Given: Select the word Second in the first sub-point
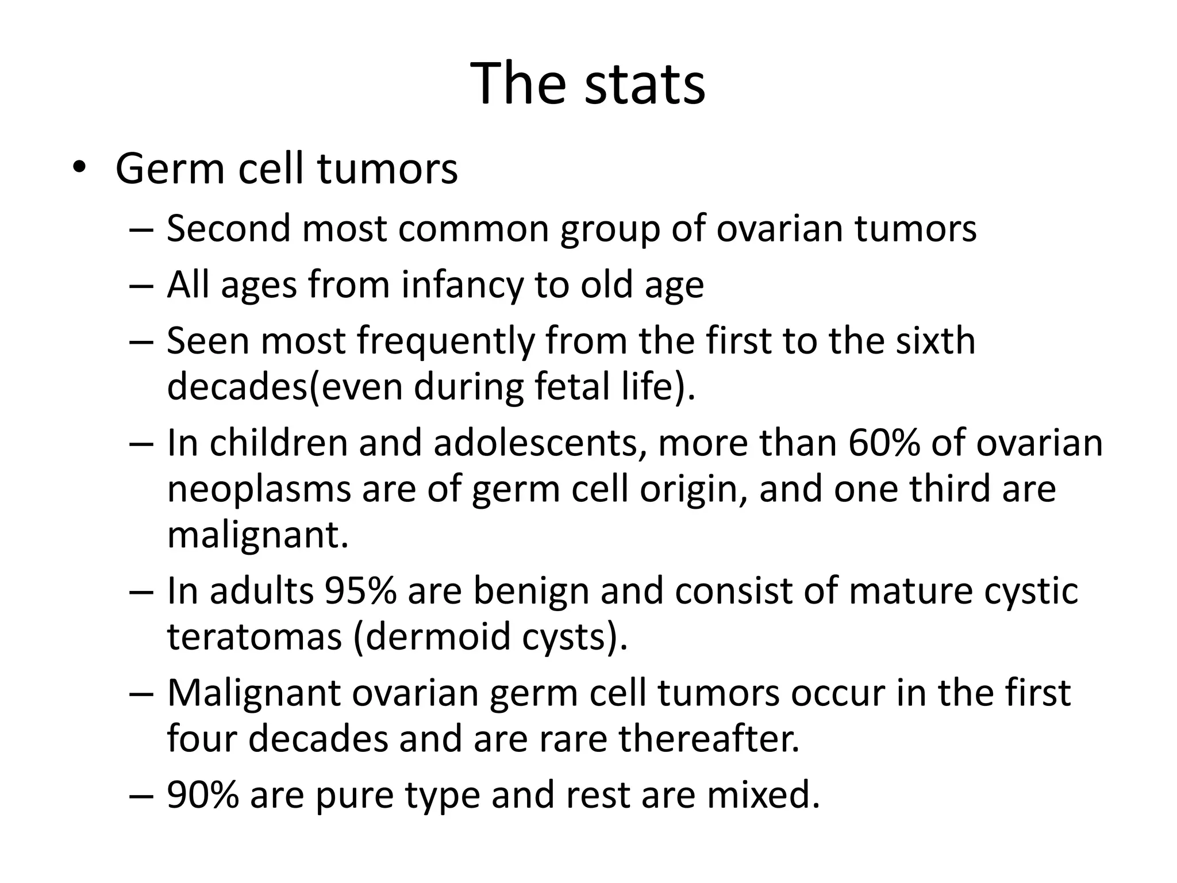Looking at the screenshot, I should [229, 228].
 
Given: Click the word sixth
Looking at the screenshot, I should [935, 340].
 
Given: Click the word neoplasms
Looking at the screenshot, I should [259, 490].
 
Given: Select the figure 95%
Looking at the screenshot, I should [360, 591].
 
